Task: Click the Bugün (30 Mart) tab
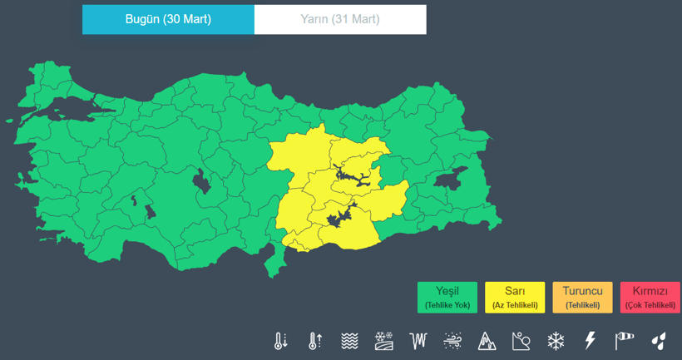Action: coord(168,20)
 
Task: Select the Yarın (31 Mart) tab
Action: coord(340,20)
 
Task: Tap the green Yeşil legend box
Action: coord(447,297)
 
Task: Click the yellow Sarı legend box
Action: coord(514,297)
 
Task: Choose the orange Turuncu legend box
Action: coord(582,297)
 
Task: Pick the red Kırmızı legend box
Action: coord(650,297)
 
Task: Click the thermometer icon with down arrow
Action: coord(280,340)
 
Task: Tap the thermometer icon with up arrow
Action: coord(314,340)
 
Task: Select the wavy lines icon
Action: coord(349,340)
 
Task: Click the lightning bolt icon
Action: coord(590,340)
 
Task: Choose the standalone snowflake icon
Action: coord(556,340)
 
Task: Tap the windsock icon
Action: coord(624,340)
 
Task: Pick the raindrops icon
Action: coord(658,340)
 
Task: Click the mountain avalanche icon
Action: coord(487,340)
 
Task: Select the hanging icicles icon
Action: coord(418,340)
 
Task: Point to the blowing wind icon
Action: coord(452,340)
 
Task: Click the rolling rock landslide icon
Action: coord(521,340)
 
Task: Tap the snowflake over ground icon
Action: coord(383,340)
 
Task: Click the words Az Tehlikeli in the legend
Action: coord(514,305)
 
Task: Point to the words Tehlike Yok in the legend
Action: coord(447,305)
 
